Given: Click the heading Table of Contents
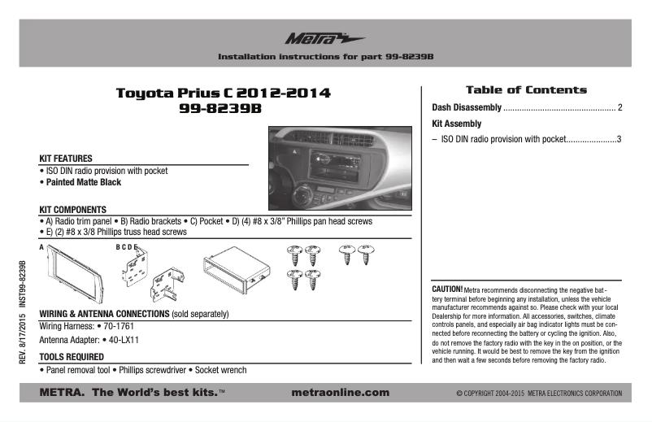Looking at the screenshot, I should pyautogui.click(x=525, y=89).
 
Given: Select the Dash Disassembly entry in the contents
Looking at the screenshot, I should pyautogui.click(x=466, y=107).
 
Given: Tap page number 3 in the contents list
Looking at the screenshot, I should pyautogui.click(x=619, y=139).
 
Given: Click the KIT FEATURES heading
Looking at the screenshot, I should pyautogui.click(x=66, y=158).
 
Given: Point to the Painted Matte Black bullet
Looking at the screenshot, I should pyautogui.click(x=82, y=183).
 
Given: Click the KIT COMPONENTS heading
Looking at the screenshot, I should pyautogui.click(x=73, y=209).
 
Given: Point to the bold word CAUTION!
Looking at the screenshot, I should pyautogui.click(x=447, y=289).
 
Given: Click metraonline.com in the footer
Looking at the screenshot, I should pyautogui.click(x=339, y=393).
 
